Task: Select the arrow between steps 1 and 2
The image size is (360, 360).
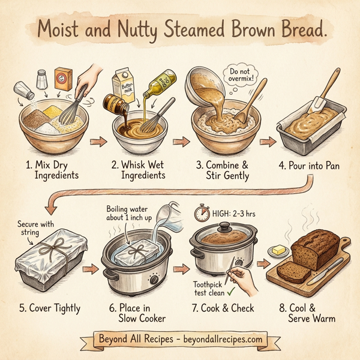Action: point(97,142)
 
